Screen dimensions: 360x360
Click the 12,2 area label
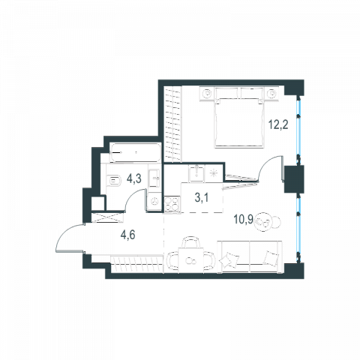pyautogui.click(x=278, y=124)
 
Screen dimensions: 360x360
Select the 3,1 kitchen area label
pyautogui.click(x=202, y=198)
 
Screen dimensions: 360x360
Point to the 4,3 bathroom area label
pyautogui.click(x=134, y=178)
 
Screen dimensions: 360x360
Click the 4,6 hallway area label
pyautogui.click(x=127, y=235)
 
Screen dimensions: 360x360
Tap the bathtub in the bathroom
pyautogui.click(x=136, y=153)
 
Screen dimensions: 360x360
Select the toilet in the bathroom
pyautogui.click(x=114, y=181)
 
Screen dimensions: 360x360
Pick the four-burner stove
pyautogui.click(x=172, y=204)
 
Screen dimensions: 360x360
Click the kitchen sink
pyautogui.click(x=196, y=173)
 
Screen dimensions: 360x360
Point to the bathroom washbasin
pyautogui.click(x=154, y=178)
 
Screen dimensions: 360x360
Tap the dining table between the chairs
pyautogui.click(x=191, y=260)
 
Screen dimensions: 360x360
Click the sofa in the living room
pyautogui.click(x=250, y=256)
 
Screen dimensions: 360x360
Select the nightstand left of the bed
pyautogui.click(x=207, y=94)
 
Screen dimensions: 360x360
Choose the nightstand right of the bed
pyautogui.click(x=271, y=94)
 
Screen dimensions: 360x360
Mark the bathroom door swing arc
pyautogui.click(x=130, y=196)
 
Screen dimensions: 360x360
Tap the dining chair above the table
pyautogui.click(x=191, y=241)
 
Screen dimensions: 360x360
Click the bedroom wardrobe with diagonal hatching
pyautogui.click(x=172, y=122)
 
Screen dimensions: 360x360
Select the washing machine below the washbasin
pyautogui.click(x=154, y=201)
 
